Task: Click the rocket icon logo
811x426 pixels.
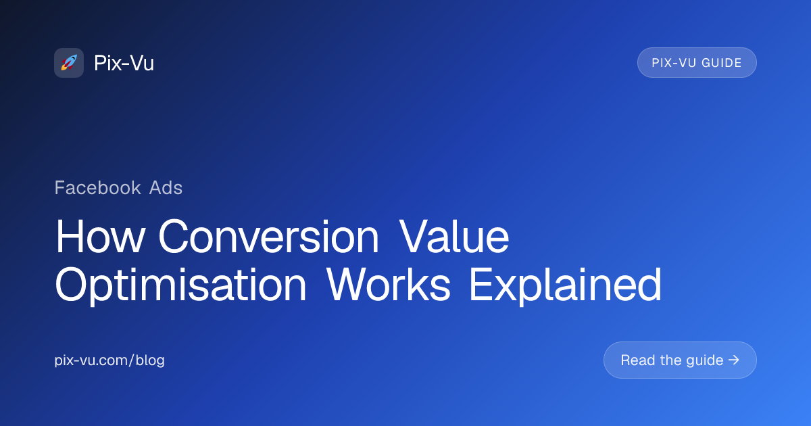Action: click(69, 63)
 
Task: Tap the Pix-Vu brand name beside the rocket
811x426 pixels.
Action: click(124, 63)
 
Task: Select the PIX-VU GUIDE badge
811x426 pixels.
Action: click(697, 63)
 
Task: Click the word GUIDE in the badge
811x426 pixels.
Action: click(722, 63)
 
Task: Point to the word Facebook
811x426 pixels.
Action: click(97, 188)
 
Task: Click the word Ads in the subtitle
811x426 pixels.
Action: click(166, 188)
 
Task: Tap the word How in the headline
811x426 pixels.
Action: click(100, 237)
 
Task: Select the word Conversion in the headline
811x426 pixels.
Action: click(269, 237)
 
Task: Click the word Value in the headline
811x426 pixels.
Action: click(454, 237)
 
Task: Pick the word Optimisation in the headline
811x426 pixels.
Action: click(180, 285)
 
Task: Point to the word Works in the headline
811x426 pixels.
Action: click(388, 285)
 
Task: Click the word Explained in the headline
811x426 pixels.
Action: click(566, 285)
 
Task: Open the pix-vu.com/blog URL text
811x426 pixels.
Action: click(109, 360)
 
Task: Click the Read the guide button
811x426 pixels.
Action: click(680, 360)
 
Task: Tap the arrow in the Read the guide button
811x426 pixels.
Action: click(733, 360)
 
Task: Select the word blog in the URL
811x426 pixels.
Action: click(150, 360)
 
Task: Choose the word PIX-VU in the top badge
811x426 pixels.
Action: click(674, 63)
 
